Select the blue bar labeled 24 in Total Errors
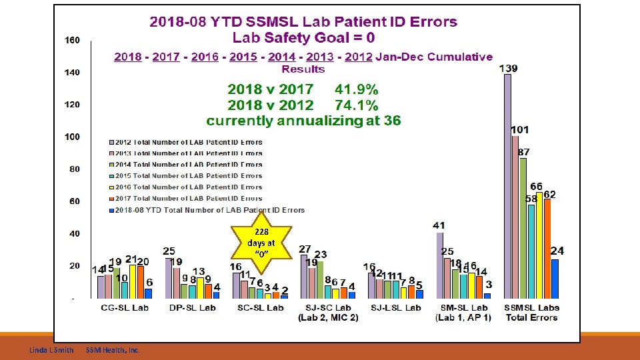(555, 278)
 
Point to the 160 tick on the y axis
(71, 40)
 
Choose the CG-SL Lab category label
(125, 308)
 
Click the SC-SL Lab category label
(261, 308)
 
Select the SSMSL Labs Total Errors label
(532, 313)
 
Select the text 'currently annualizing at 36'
(303, 121)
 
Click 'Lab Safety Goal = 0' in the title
(303, 37)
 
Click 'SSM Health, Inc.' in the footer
(113, 350)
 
